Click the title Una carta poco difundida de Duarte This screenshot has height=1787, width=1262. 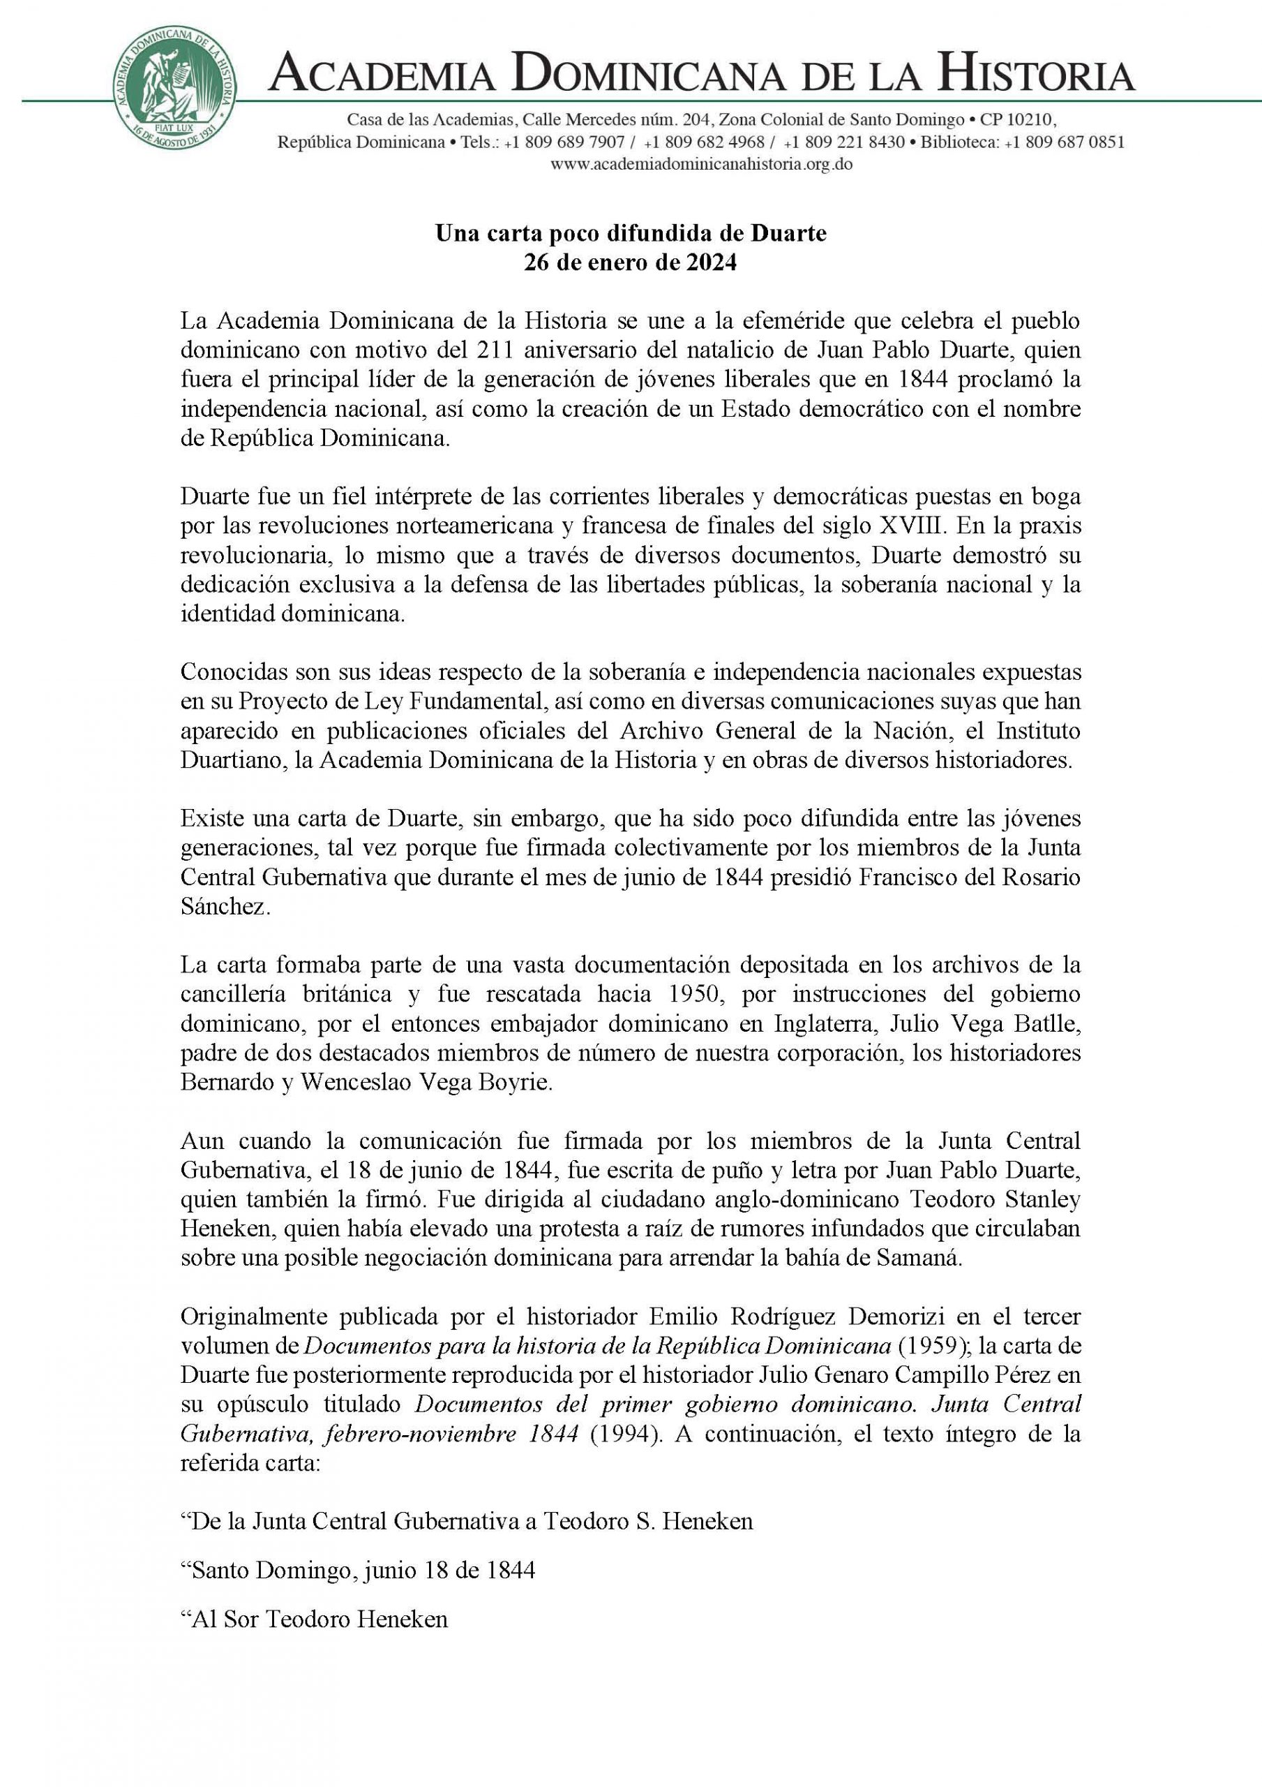point(630,233)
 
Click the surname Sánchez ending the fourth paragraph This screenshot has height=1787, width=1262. point(225,909)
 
